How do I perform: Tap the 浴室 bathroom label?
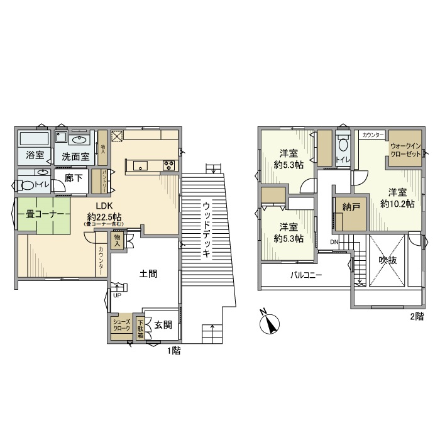tap(35, 155)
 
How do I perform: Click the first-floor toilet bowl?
tap(26, 185)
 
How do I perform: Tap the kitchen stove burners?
tap(170, 166)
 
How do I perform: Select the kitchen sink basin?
tap(140, 166)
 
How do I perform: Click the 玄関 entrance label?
tap(163, 325)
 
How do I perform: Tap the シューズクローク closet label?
tap(121, 325)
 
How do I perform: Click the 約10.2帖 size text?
tap(397, 204)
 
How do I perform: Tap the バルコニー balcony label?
tap(306, 275)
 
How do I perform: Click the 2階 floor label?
tap(416, 316)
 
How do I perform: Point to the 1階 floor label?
tap(173, 351)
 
